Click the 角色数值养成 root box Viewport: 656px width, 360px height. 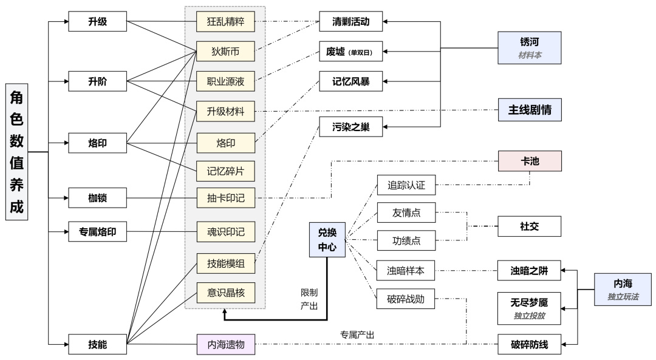16,152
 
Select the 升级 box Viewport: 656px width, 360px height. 98,22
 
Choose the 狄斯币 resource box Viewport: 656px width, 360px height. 226,52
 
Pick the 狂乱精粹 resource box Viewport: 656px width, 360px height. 226,22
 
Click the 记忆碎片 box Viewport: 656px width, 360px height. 226,171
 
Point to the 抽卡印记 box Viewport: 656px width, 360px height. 226,197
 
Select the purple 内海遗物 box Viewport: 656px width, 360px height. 226,345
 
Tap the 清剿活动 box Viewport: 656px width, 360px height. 351,22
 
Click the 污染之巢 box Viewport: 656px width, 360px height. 351,127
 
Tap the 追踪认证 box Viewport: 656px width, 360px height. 406,185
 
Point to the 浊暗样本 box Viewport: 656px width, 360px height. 406,271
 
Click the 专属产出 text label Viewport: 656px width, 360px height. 357,335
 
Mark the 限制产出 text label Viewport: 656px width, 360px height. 309,299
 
